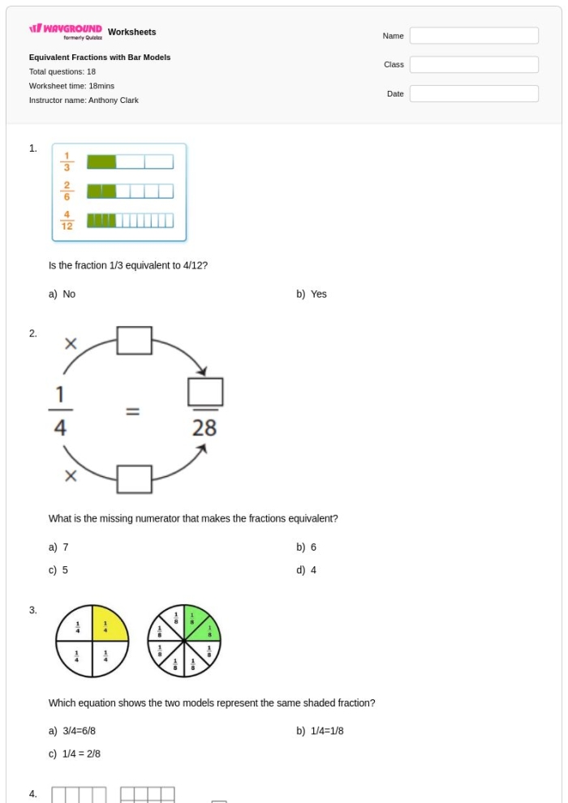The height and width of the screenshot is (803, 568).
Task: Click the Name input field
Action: pos(474,36)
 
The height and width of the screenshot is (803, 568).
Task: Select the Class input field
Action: pos(474,65)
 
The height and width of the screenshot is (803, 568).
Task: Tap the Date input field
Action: pos(474,94)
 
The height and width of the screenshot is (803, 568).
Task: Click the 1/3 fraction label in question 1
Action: pos(67,162)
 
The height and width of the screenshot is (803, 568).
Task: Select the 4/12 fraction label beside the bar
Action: pos(67,220)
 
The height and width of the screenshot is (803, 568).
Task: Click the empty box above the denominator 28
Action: pos(205,393)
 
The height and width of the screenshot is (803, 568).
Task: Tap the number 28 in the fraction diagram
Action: pos(204,427)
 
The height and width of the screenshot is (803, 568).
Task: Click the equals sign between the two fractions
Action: pos(131,412)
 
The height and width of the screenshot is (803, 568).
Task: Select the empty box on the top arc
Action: pos(135,341)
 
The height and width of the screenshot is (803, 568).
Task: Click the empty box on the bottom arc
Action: pos(135,479)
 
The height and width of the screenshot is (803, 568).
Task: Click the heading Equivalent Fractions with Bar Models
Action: pos(100,58)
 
